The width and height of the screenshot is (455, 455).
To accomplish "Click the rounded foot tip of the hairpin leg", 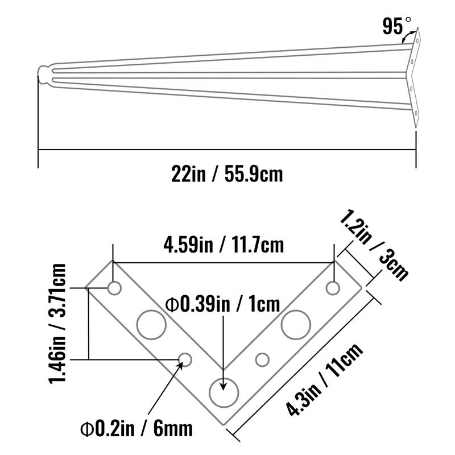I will click(43, 75).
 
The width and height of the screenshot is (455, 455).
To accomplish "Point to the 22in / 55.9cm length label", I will click(227, 173).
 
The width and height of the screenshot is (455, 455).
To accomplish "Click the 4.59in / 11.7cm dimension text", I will click(224, 245).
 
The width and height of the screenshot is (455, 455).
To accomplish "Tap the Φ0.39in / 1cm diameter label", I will click(222, 304).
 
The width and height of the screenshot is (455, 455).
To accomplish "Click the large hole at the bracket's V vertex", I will click(224, 390).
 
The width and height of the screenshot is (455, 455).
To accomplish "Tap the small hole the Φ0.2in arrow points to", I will click(185, 359).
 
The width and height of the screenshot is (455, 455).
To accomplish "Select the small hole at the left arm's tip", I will click(115, 288).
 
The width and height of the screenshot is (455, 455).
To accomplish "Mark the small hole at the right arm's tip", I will click(333, 288).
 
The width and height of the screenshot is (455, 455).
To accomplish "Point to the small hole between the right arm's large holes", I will click(262, 359).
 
